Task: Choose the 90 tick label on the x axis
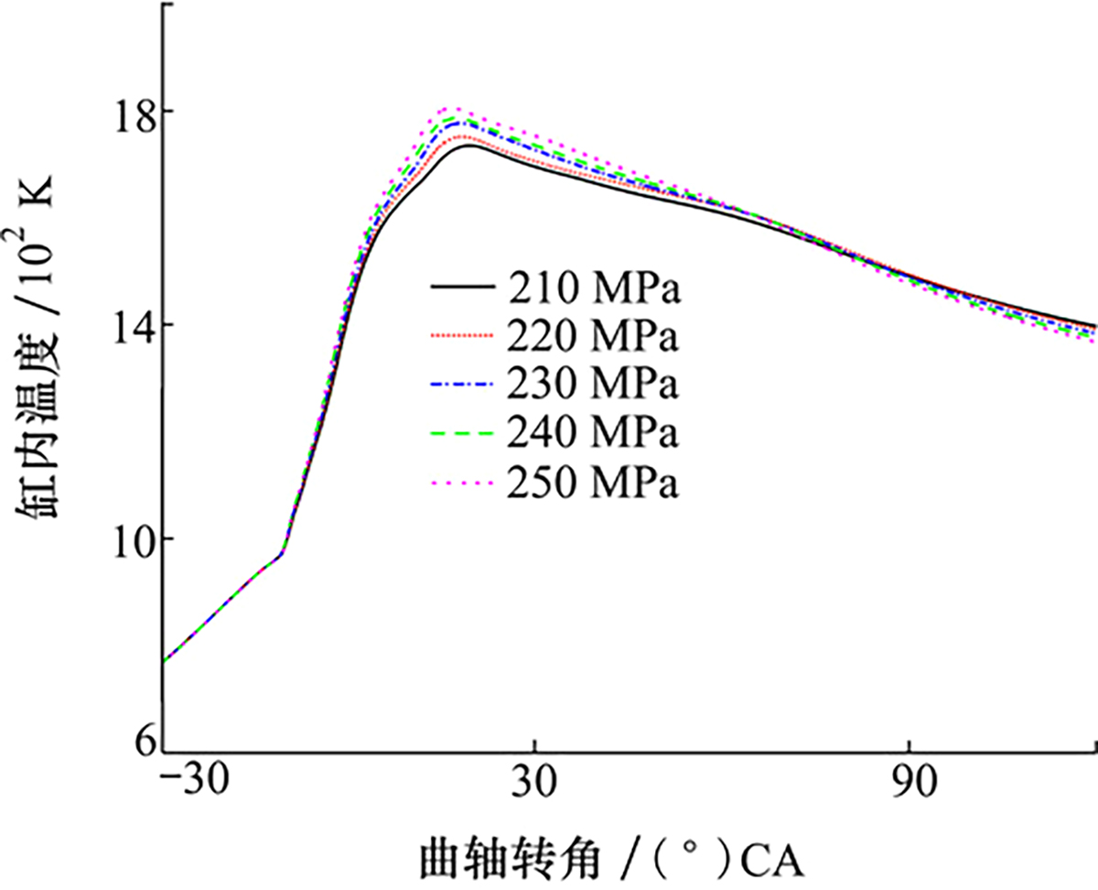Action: click(x=908, y=784)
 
